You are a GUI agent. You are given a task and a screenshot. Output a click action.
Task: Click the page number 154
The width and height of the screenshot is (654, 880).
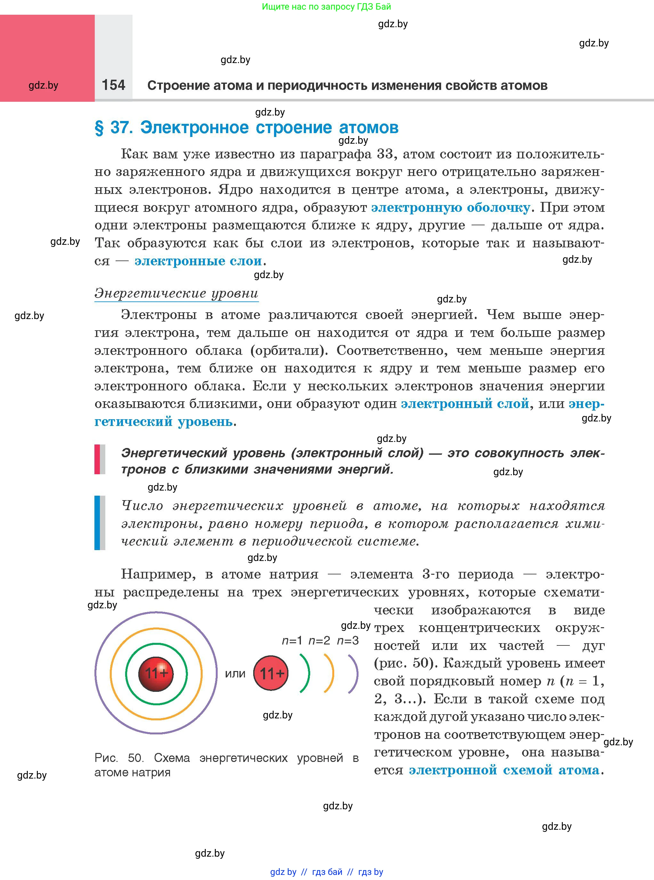(113, 85)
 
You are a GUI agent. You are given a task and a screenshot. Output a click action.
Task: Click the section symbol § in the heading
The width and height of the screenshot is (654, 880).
(99, 128)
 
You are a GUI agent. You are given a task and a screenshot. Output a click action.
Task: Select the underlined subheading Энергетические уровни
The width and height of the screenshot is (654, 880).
(176, 293)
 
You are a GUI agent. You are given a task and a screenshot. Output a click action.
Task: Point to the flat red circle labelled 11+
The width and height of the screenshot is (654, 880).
(271, 673)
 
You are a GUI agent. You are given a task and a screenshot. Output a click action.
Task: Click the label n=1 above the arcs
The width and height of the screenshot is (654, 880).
(292, 641)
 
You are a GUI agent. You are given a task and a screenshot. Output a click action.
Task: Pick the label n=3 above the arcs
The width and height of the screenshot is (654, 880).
(348, 641)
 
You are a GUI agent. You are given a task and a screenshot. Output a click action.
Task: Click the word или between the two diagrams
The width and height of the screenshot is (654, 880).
(235, 674)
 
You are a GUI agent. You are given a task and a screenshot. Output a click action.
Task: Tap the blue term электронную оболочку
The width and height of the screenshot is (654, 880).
(450, 208)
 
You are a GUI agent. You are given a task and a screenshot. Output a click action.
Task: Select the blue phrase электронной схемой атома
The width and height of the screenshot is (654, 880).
(504, 770)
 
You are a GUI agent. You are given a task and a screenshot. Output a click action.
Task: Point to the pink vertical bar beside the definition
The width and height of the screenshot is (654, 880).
(97, 459)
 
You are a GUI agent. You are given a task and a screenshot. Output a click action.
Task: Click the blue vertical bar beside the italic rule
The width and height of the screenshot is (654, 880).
(97, 522)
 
